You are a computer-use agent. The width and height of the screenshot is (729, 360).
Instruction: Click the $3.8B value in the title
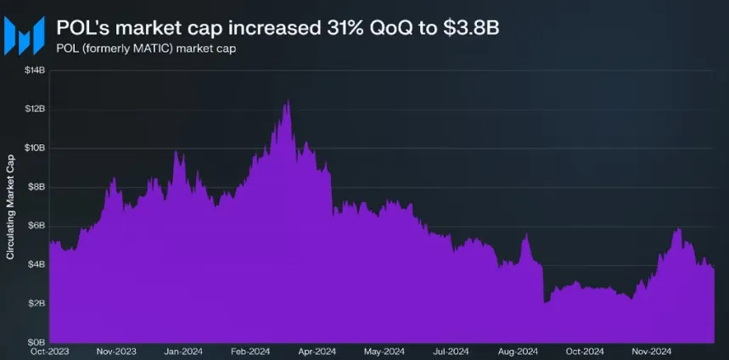click(469, 28)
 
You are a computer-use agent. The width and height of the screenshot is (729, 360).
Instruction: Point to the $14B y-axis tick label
click(34, 70)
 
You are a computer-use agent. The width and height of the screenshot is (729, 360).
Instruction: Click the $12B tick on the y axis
click(34, 110)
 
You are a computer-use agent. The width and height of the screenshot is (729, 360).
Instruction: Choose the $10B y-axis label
click(34, 148)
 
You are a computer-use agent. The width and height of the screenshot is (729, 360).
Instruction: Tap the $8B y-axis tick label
click(36, 187)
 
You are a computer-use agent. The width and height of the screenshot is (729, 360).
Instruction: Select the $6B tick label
click(36, 226)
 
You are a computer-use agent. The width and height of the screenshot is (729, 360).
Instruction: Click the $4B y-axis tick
click(36, 264)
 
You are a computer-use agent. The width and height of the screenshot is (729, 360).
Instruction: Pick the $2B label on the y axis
click(36, 303)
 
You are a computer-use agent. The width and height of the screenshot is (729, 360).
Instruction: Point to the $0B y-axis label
click(36, 341)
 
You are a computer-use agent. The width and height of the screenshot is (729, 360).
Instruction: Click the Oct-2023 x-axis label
click(49, 351)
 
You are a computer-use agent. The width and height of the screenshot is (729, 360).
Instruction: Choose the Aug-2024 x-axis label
click(517, 351)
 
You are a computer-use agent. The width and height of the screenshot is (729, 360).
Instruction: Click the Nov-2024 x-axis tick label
click(651, 351)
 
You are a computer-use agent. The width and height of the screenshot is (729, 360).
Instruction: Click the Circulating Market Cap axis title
click(10, 207)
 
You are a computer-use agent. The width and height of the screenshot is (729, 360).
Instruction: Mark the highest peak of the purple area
click(289, 102)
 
